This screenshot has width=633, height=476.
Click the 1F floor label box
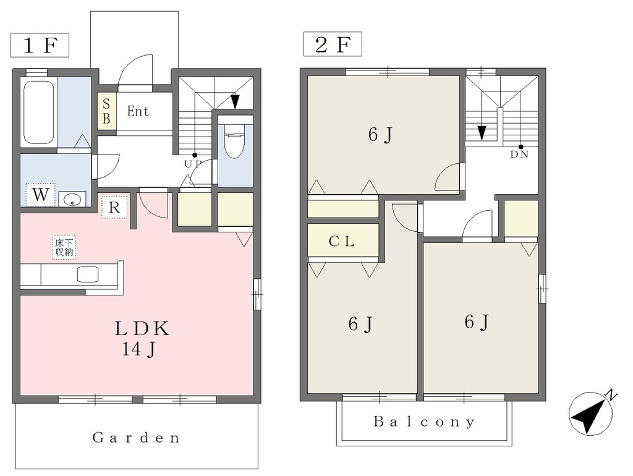40,45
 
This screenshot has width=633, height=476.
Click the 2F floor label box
333,45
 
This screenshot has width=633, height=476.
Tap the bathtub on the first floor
39,112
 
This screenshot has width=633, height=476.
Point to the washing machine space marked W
40,195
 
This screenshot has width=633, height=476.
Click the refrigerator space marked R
114,208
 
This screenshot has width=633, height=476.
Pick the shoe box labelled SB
106,111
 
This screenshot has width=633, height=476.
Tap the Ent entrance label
138,111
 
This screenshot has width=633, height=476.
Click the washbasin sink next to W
72,198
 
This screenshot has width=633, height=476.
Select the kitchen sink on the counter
88,274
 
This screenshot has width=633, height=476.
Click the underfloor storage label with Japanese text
64,247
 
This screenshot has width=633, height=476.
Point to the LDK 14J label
140,339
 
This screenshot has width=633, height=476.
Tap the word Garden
136,438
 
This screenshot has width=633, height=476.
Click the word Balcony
424,422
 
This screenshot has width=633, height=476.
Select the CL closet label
341,241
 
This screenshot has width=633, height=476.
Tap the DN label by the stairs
519,154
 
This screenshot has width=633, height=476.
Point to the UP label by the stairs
193,164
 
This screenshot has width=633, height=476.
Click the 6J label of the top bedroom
380,134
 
